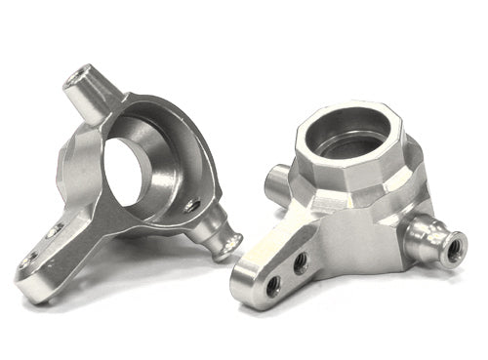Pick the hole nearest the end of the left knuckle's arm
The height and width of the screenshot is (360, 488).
[x=30, y=260]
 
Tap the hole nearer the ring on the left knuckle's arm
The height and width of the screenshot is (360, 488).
[x=56, y=230]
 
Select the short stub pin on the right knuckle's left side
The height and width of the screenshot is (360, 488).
[x=276, y=181]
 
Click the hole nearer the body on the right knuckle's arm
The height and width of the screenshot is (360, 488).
[x=301, y=261]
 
